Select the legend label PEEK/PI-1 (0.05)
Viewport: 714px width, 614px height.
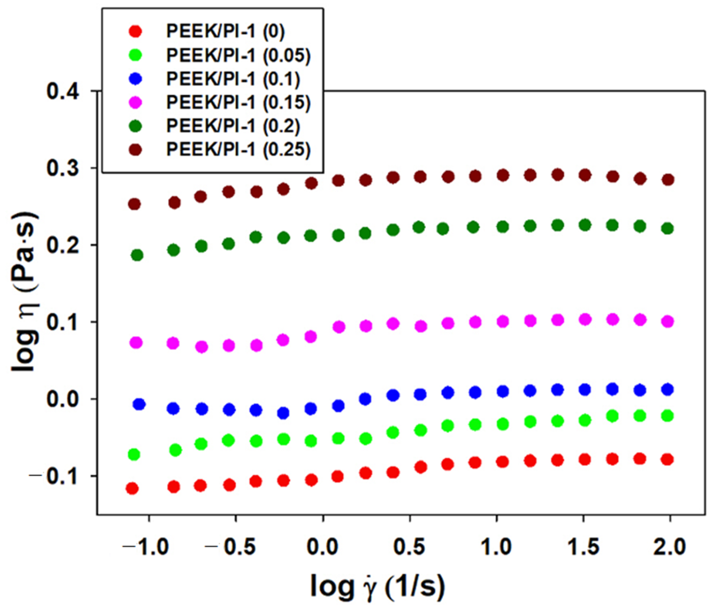238,55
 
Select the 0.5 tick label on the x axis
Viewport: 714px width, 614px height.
409,547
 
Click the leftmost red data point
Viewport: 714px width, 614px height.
132,488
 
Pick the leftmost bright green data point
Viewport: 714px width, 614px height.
134,454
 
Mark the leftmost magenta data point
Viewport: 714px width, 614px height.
136,343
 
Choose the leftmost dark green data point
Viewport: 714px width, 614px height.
137,255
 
